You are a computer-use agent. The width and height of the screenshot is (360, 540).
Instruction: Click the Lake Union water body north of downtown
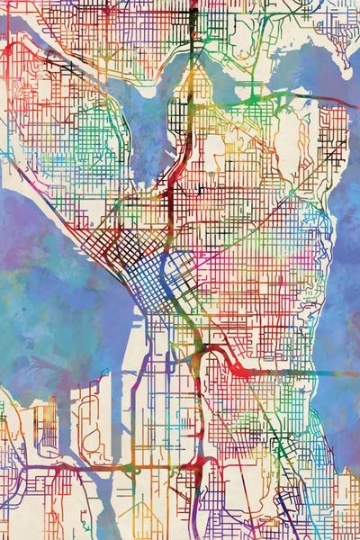click(x=148, y=126)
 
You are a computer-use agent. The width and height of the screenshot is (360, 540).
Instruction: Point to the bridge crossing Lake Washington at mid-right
click(x=288, y=372)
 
